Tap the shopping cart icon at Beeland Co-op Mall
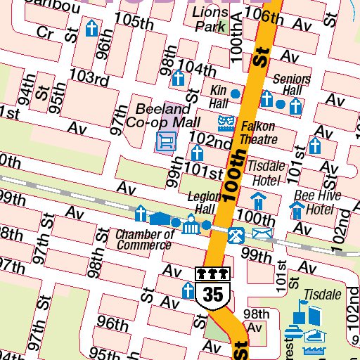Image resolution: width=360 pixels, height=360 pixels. (165, 143)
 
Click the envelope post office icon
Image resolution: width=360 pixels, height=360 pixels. (262, 233)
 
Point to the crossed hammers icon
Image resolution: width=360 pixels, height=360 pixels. (238, 233)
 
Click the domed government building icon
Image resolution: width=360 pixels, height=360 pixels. (191, 226)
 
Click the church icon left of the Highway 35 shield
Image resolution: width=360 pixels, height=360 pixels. (188, 290)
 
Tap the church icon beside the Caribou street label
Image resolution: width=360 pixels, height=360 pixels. (91, 29)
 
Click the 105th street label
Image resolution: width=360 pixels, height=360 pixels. (134, 21)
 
